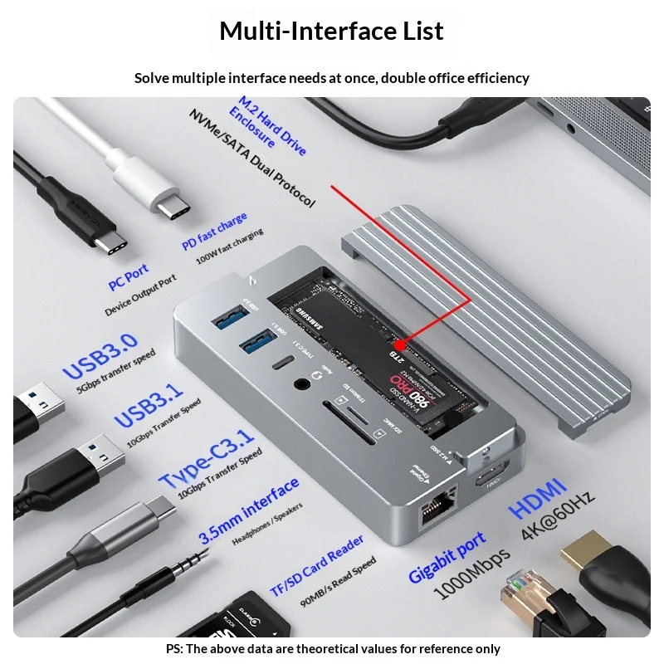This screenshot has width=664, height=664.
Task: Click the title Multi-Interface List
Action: pyautogui.click(x=331, y=31)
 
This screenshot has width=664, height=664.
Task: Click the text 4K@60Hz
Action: pyautogui.click(x=558, y=515)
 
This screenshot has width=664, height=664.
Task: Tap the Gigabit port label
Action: pyautogui.click(x=446, y=558)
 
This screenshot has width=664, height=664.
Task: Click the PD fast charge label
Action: pyautogui.click(x=214, y=232)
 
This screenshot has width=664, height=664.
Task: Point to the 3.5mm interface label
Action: pyautogui.click(x=248, y=509)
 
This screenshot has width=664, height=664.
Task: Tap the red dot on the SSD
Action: pyautogui.click(x=399, y=344)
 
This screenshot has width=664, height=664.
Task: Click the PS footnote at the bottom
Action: pyautogui.click(x=331, y=649)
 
